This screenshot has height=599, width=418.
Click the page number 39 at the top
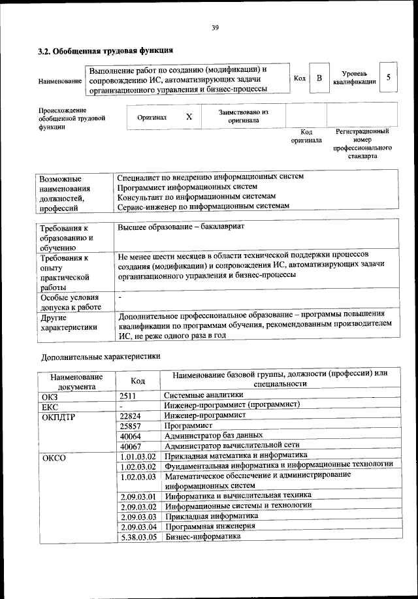214,27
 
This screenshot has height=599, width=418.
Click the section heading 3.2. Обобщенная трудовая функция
105,50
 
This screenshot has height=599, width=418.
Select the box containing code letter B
319,78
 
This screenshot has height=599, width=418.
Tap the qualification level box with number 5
389,78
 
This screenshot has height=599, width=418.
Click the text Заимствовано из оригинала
243,116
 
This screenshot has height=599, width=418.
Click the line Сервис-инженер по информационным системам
202,206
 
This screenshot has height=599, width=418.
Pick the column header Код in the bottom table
138,380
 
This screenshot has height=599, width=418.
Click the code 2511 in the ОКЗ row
129,395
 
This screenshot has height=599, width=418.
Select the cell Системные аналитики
204,395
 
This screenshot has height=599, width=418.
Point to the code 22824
131,415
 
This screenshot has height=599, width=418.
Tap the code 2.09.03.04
139,526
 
